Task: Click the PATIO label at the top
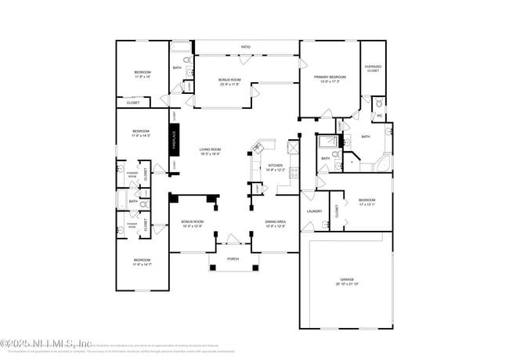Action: (x=246, y=47)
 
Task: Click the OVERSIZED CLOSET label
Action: (x=373, y=68)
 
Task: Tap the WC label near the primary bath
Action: (x=379, y=115)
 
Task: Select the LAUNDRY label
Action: (x=314, y=211)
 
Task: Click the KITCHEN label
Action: (x=276, y=165)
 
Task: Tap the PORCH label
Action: (x=233, y=259)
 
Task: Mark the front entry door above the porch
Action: (x=233, y=240)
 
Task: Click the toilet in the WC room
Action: (x=379, y=103)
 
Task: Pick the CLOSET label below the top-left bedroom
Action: (x=133, y=103)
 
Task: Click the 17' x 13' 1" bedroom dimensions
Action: (x=367, y=204)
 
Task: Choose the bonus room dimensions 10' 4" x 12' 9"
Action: (x=192, y=226)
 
